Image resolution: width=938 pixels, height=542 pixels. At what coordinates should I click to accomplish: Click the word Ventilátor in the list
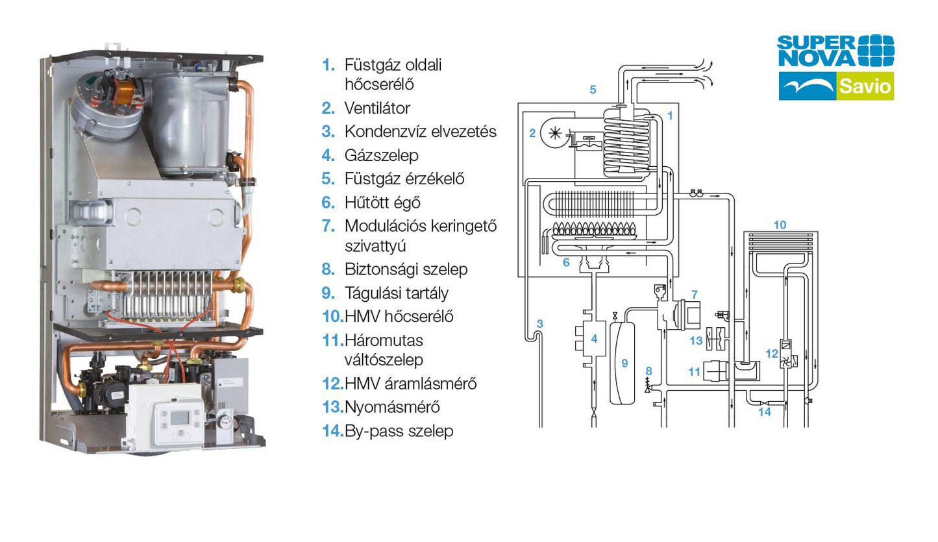point(377,108)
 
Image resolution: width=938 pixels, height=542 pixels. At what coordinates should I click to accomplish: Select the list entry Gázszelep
point(381,155)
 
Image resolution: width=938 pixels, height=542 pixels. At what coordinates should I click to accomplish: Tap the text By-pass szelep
point(399,430)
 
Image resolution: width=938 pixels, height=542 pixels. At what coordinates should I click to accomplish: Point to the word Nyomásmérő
point(392,407)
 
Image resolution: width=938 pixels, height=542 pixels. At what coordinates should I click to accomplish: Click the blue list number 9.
point(328,293)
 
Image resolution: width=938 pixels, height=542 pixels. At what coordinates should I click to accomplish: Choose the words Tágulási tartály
point(396,293)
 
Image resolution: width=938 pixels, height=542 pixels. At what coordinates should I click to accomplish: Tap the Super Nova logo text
point(816,51)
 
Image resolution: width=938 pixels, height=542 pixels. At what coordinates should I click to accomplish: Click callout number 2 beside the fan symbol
point(532,133)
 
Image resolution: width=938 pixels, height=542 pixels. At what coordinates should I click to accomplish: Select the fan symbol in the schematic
point(555,134)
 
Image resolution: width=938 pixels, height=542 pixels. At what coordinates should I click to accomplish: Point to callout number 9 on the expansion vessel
point(624,363)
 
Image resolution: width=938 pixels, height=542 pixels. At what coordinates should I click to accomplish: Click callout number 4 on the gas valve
point(594,339)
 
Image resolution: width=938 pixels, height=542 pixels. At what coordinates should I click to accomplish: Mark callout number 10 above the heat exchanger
point(780,225)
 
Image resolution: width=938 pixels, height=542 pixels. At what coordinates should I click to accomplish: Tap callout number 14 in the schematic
point(765,412)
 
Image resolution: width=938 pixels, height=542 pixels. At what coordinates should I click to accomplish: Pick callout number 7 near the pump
point(695,295)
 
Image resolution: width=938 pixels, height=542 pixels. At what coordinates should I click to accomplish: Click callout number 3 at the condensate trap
point(540,323)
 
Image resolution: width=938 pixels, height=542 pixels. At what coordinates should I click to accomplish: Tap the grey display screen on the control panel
point(180,417)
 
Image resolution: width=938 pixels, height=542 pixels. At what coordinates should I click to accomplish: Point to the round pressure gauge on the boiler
point(226,420)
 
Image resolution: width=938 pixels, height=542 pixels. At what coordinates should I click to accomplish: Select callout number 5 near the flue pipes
point(593,89)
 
